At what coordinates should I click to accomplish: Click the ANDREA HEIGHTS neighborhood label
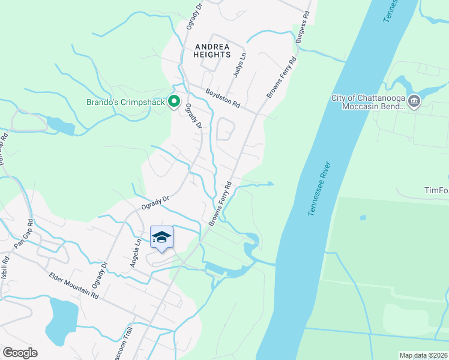(x=212, y=50)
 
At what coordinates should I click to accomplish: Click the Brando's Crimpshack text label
(x=125, y=101)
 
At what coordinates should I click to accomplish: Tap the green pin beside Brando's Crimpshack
(x=174, y=101)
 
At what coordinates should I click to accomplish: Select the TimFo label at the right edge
(x=436, y=190)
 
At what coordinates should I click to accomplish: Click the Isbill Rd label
(x=5, y=268)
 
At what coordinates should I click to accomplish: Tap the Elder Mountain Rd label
(x=74, y=284)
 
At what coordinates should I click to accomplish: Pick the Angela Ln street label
(x=136, y=254)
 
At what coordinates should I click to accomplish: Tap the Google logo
(x=20, y=353)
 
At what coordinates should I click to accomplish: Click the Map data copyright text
(x=423, y=355)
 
